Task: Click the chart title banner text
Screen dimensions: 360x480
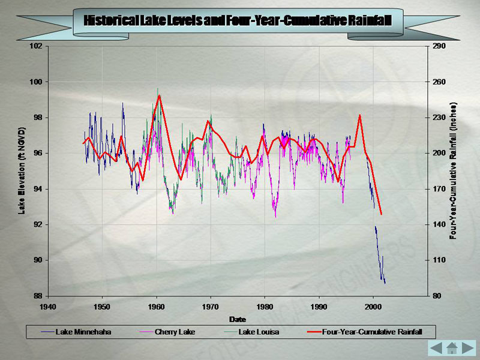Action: pos(238,20)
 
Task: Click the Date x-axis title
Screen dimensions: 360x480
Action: pos(237,319)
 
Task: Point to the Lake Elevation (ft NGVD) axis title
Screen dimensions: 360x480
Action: pos(22,170)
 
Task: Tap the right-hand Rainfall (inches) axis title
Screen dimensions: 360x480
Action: pos(454,170)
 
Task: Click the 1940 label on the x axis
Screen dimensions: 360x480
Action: pos(48,305)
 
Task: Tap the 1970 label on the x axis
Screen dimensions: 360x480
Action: pos(211,305)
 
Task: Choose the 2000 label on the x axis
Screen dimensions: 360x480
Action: pos(373,305)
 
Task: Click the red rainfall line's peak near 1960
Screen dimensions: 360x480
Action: pos(159,95)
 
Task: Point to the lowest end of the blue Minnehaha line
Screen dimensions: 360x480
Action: pos(385,283)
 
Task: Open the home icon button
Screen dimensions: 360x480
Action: pos(452,347)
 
